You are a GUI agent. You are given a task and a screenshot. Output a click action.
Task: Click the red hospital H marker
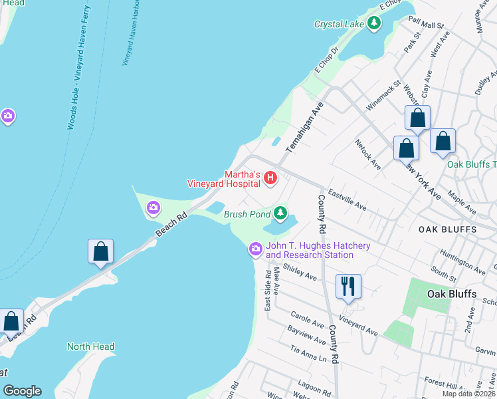coord(270,178)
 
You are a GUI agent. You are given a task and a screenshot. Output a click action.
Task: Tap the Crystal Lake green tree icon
coord(375,25)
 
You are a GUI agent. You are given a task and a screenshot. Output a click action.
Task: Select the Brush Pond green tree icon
coord(281,213)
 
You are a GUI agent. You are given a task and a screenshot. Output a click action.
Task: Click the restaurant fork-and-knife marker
coord(348,287)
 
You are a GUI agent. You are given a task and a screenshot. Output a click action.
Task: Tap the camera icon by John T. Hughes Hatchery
coord(255,250)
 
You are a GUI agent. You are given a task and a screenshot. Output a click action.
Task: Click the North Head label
coord(90,346)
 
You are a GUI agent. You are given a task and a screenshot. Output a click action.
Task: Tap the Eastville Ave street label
coord(347,198)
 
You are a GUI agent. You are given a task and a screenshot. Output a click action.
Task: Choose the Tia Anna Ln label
coord(309,353)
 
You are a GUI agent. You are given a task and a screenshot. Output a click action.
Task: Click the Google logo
coord(22,391)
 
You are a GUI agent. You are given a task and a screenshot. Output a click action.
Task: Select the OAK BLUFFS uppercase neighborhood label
coord(447,229)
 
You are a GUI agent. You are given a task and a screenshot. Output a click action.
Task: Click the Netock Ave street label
coord(367,154)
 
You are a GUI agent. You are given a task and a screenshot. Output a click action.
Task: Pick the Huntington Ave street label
coord(462,260)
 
